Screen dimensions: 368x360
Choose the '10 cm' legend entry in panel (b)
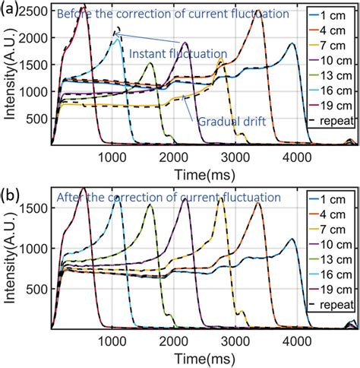click(336, 247)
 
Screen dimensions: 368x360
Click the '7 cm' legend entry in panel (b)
click(336, 231)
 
